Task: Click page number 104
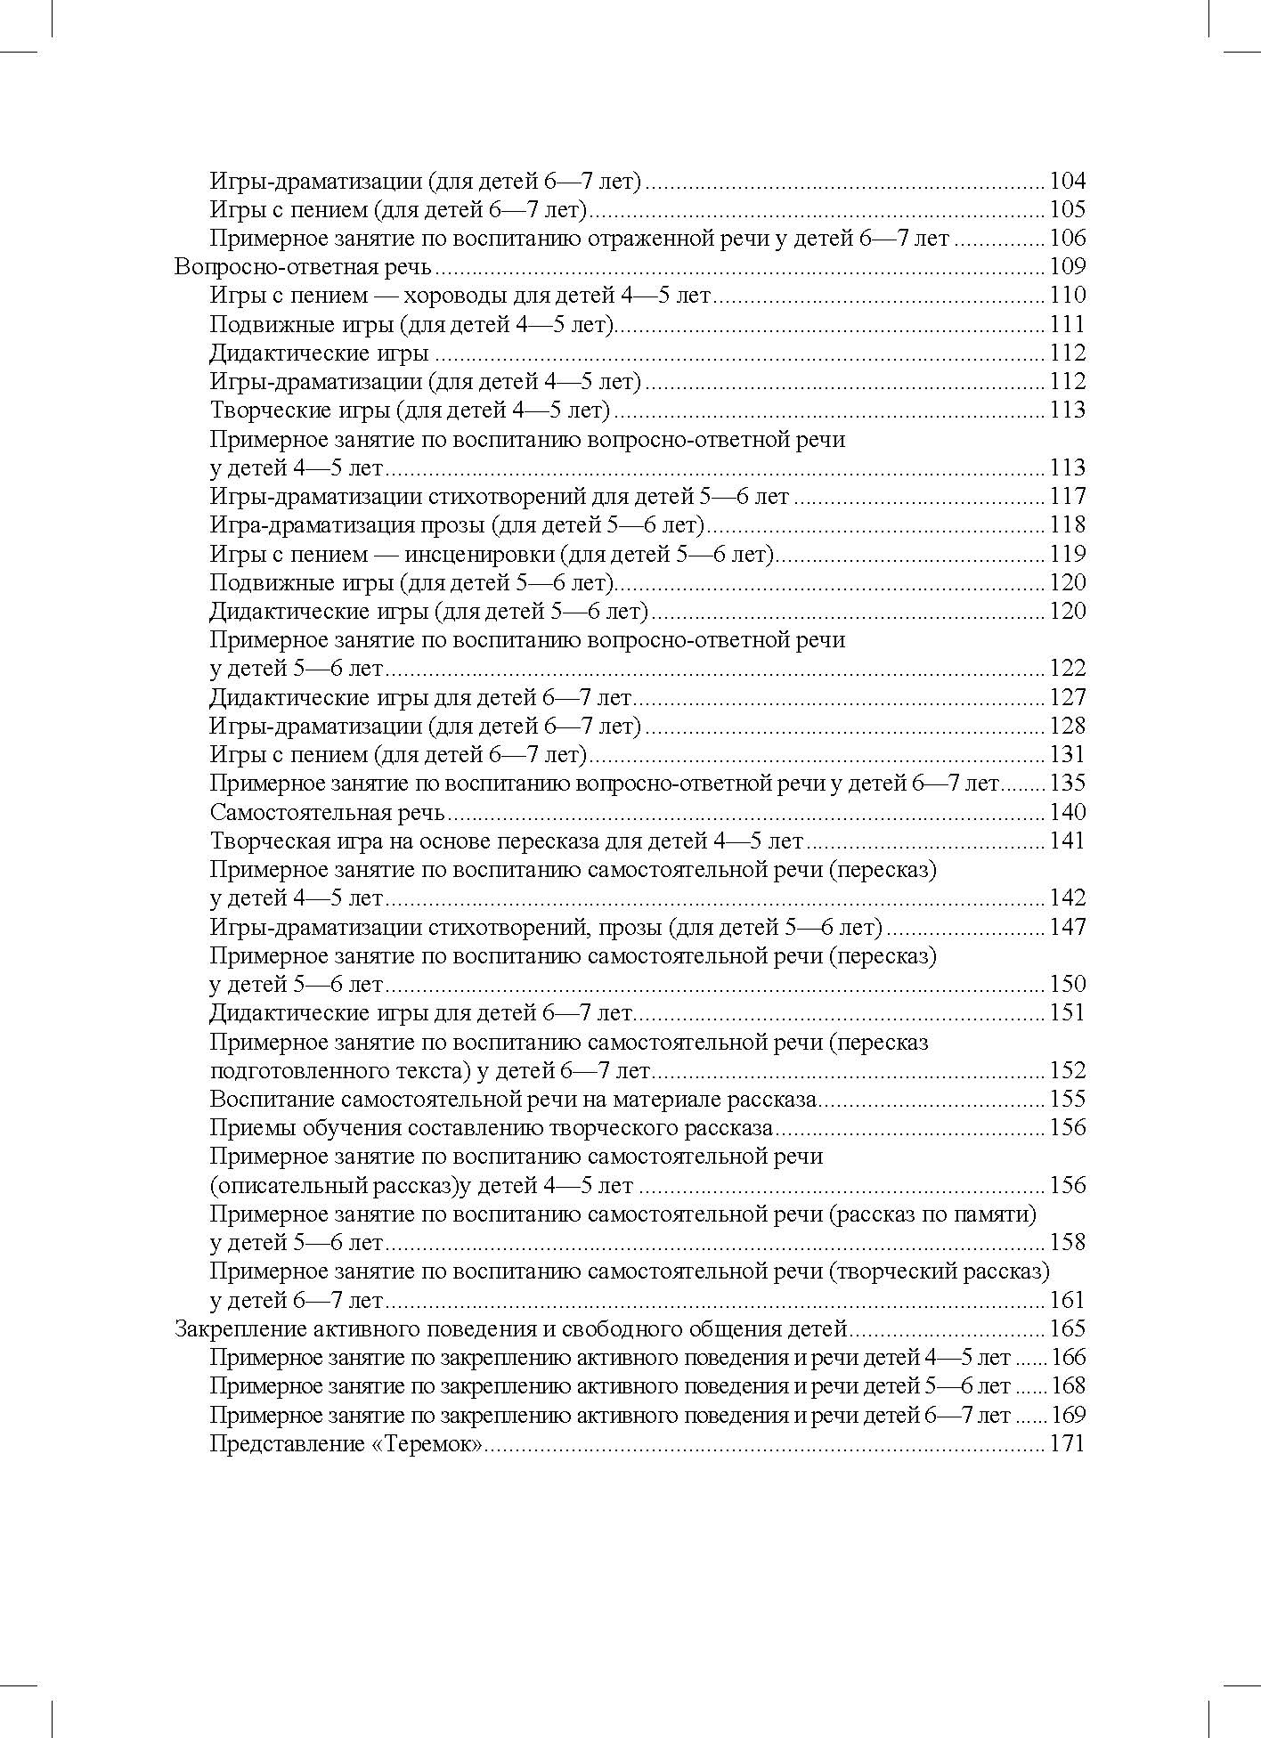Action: [x=1068, y=181]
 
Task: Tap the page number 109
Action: [x=1068, y=266]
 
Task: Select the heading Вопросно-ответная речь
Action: [x=304, y=266]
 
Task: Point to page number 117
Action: [x=1068, y=496]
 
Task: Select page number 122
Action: [x=1068, y=668]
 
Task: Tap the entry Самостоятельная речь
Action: [x=328, y=812]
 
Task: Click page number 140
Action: [x=1068, y=812]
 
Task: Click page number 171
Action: [x=1068, y=1443]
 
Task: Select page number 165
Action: [x=1068, y=1328]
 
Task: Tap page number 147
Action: [x=1068, y=927]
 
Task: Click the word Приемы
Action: [x=247, y=1127]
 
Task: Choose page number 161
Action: [x=1068, y=1300]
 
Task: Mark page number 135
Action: [x=1068, y=784]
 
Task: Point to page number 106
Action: [x=1068, y=238]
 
